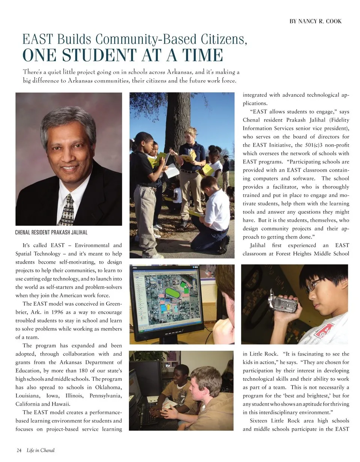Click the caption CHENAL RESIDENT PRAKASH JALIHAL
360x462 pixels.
point(51,232)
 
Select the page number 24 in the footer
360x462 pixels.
point(19,450)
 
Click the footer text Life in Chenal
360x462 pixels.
point(40,450)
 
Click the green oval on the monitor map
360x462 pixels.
point(173,292)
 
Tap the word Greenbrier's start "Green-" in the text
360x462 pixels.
point(114,304)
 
